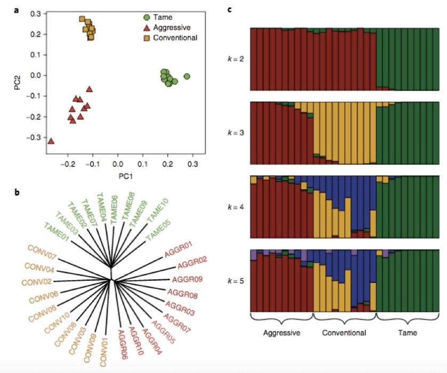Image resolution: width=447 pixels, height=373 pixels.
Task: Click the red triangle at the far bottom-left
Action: (x=51, y=141)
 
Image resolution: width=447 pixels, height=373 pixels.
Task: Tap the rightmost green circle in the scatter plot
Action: (x=187, y=76)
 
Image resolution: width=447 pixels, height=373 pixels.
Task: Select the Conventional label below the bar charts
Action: (x=345, y=333)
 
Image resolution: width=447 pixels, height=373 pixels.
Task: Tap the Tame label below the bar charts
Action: (x=408, y=333)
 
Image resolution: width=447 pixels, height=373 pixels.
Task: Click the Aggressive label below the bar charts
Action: (x=281, y=333)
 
